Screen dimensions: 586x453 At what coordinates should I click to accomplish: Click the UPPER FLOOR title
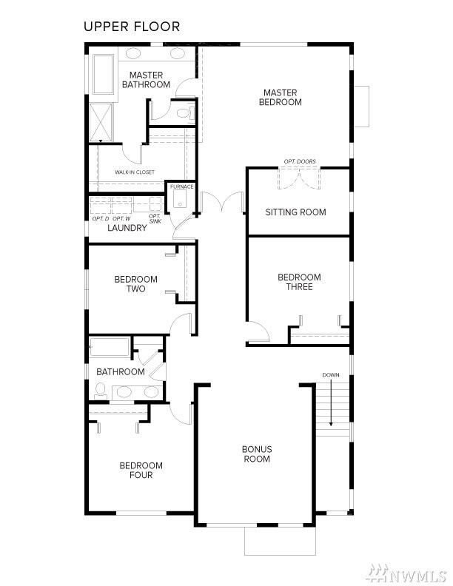(x=131, y=27)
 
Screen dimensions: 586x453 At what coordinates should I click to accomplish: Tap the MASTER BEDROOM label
(x=280, y=98)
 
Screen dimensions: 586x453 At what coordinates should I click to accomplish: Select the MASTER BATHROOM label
(x=146, y=80)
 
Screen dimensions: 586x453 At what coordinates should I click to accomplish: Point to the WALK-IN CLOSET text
(x=135, y=172)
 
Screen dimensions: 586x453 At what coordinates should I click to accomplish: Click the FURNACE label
(x=181, y=186)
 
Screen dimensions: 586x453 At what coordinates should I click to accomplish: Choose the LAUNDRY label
(x=127, y=229)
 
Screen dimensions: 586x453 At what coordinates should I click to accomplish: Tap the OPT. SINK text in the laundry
(x=155, y=218)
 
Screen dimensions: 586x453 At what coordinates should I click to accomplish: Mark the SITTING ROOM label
(x=295, y=212)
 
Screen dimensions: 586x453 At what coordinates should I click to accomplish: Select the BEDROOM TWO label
(x=135, y=284)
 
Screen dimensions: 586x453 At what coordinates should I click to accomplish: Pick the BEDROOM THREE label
(x=299, y=282)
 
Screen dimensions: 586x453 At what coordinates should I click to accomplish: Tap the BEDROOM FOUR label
(x=141, y=470)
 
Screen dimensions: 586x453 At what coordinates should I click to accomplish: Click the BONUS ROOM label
(x=257, y=454)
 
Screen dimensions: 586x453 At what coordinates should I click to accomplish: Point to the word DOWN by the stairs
(x=331, y=375)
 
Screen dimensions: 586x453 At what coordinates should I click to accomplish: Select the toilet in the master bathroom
(x=184, y=112)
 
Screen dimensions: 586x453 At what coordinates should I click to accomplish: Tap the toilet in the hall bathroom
(x=101, y=391)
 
